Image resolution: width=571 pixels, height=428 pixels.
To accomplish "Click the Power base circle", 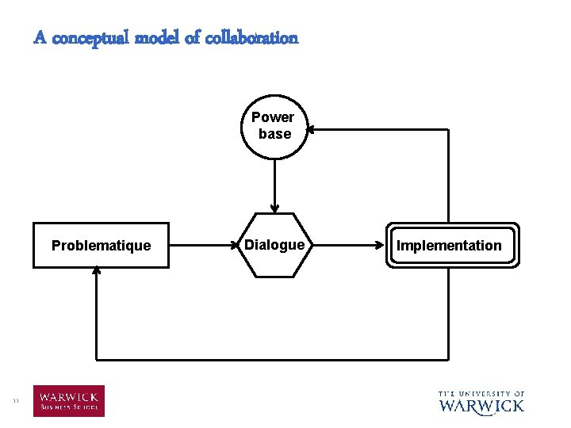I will point(274,127).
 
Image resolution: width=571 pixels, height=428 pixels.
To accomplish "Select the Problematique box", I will point(101,245).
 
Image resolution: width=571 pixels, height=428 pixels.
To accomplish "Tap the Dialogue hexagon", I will point(274,245).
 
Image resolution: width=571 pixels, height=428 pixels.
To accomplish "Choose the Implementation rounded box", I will point(449,245).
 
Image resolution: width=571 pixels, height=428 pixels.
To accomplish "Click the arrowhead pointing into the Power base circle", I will point(311,129).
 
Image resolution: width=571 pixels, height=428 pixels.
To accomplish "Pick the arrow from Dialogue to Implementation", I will point(349,245).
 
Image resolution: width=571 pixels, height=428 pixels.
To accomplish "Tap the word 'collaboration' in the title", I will point(254,37).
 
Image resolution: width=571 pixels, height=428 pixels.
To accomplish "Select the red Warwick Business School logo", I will point(68,401).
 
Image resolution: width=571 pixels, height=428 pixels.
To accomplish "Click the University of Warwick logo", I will point(481,402).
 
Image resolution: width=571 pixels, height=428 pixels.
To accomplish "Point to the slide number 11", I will point(16,402).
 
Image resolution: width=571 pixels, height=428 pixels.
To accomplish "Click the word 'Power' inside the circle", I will point(273,117).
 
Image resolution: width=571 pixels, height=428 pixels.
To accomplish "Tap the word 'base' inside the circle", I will point(274,134).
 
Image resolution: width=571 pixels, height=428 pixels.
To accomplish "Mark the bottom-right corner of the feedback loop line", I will point(448,360).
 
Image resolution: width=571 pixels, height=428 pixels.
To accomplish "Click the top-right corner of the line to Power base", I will point(448,129).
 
